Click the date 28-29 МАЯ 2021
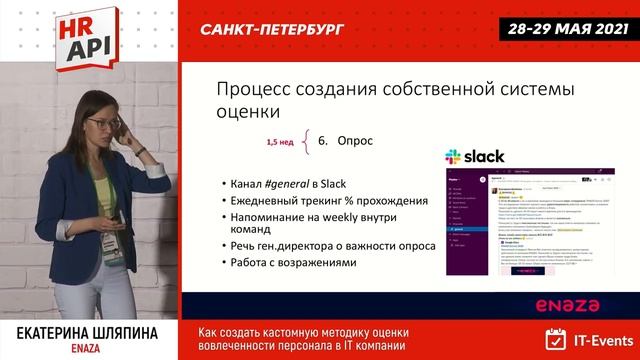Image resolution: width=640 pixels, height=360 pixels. tap(564, 29)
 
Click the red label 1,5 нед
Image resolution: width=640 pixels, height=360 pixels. tap(279, 142)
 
